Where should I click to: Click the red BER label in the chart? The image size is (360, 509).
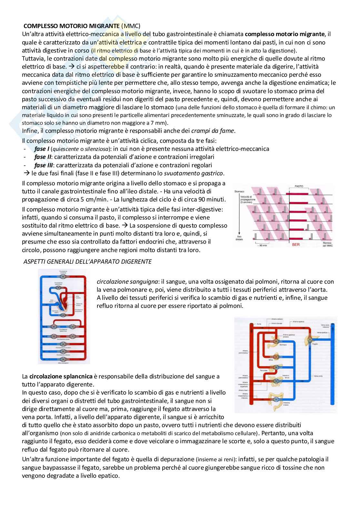pyautogui.click(x=295, y=245)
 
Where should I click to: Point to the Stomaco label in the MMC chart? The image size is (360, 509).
pyautogui.click(x=239, y=191)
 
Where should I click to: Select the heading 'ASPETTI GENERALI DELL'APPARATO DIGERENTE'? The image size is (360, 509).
pyautogui.click(x=87, y=262)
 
